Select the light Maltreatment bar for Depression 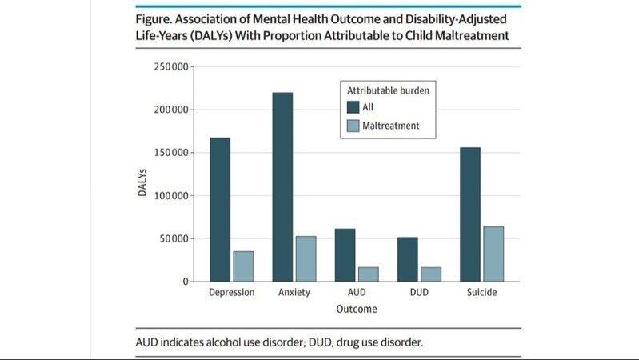pos(243,266)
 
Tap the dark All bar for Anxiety pos(282,187)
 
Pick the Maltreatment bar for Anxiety pos(306,259)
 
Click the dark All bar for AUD pos(345,255)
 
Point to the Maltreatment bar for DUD pos(431,274)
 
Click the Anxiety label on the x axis pos(294,293)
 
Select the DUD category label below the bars pos(419,293)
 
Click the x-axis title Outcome pos(357,309)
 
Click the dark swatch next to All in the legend pos(353,106)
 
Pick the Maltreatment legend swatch pos(353,126)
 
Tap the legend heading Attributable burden pos(388,90)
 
